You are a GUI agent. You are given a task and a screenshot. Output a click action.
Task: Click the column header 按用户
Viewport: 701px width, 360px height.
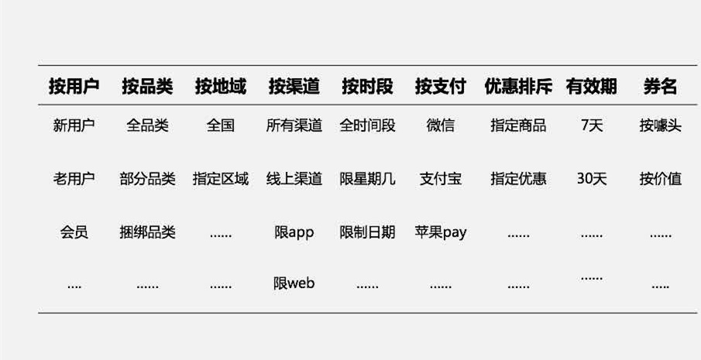pyautogui.click(x=74, y=87)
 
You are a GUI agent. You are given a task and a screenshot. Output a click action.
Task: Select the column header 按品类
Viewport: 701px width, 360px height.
pyautogui.click(x=147, y=87)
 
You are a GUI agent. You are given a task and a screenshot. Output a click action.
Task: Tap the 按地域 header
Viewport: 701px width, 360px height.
pyautogui.click(x=221, y=87)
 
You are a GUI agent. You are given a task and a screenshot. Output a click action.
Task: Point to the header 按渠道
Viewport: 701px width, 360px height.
pyautogui.click(x=294, y=87)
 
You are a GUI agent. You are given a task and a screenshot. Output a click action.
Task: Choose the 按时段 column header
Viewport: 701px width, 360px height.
pyautogui.click(x=367, y=87)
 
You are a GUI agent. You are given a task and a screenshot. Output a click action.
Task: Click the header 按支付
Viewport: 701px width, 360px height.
pyautogui.click(x=441, y=87)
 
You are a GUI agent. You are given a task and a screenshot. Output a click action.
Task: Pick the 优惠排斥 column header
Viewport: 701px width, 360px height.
pyautogui.click(x=518, y=87)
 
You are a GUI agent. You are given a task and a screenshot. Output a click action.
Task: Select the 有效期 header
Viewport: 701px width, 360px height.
pyautogui.click(x=592, y=87)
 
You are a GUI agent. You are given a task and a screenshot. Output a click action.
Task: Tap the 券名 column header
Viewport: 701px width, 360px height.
pyautogui.click(x=661, y=87)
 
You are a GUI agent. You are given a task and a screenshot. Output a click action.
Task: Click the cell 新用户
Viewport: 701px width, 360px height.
pyautogui.click(x=74, y=125)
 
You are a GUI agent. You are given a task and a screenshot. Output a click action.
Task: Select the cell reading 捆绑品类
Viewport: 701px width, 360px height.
pyautogui.click(x=147, y=232)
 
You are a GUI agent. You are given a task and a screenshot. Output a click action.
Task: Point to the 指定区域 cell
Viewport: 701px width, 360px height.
pyautogui.click(x=221, y=179)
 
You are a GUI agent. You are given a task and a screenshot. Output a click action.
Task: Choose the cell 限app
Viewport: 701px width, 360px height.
pyautogui.click(x=294, y=232)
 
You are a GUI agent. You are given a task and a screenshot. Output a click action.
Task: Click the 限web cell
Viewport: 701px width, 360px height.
pyautogui.click(x=294, y=283)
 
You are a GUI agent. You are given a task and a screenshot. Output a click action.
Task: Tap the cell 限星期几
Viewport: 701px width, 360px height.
pyautogui.click(x=367, y=179)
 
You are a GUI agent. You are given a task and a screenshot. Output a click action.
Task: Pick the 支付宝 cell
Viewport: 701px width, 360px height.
pyautogui.click(x=441, y=179)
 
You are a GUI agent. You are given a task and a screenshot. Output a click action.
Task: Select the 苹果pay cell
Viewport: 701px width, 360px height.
pyautogui.click(x=441, y=232)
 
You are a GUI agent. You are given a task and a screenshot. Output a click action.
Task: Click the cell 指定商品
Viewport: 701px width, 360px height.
pyautogui.click(x=518, y=125)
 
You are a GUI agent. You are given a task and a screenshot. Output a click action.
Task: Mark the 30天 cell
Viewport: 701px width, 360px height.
pyautogui.click(x=592, y=179)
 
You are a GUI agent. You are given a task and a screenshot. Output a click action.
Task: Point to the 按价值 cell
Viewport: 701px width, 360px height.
pyautogui.click(x=661, y=179)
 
